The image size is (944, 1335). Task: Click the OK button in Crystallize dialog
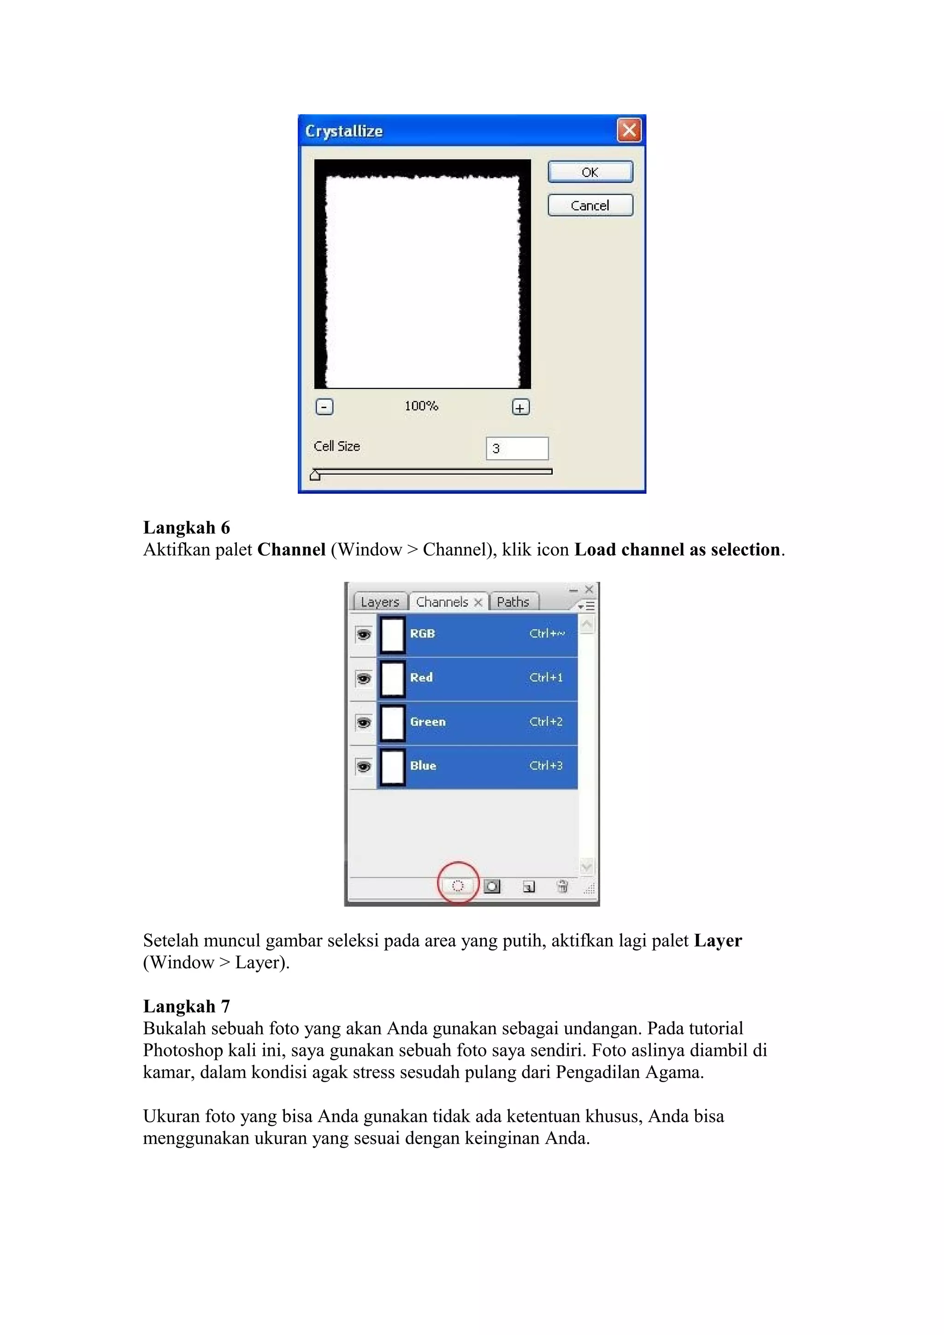[590, 172]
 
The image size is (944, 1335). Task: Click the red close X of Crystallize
[629, 130]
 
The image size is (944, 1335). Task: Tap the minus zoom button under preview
[324, 407]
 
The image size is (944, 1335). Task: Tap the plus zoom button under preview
[520, 408]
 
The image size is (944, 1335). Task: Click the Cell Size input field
[517, 448]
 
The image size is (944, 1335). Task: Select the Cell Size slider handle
[315, 475]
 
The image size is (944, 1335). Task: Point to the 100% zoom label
[421, 406]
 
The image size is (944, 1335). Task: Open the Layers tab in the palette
[380, 602]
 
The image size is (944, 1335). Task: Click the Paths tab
[513, 602]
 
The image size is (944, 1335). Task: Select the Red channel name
[421, 677]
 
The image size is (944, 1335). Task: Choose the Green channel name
[427, 721]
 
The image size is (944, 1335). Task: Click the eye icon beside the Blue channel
[364, 767]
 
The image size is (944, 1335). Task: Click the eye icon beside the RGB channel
[364, 634]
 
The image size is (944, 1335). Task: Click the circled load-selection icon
[458, 886]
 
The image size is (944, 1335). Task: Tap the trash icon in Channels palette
[562, 886]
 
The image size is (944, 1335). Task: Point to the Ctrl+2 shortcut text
[546, 721]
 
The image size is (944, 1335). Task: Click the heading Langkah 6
[187, 527]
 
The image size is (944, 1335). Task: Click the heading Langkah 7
[187, 1007]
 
